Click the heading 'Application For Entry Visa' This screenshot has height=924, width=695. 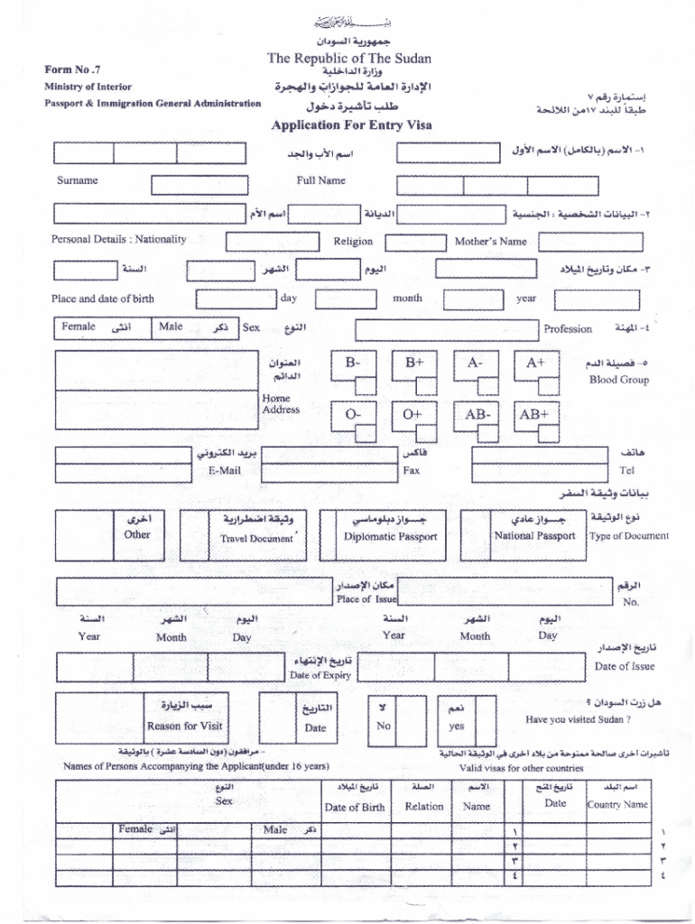click(x=351, y=125)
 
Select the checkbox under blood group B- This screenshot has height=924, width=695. click(x=365, y=386)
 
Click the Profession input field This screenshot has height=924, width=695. click(x=446, y=329)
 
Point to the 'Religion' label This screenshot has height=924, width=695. click(x=353, y=242)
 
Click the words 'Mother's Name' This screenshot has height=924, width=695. click(x=490, y=242)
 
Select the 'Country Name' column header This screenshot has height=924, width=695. click(x=617, y=804)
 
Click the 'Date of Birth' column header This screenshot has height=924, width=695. click(x=355, y=808)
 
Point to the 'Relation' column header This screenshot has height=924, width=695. click(x=424, y=807)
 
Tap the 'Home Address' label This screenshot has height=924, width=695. click(x=280, y=403)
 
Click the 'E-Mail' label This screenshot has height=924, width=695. click(x=224, y=470)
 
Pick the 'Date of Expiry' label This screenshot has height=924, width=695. click(x=320, y=675)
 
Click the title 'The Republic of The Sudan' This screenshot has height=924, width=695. click(x=348, y=59)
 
